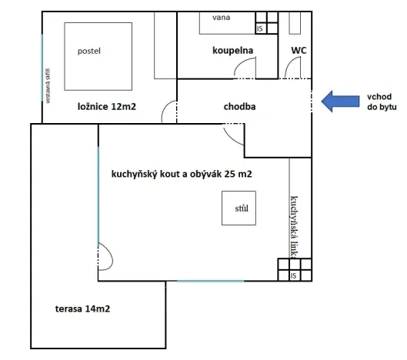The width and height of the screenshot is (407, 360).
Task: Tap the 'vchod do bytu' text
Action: tap(381, 103)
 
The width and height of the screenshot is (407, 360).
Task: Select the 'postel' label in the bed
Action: tap(89, 52)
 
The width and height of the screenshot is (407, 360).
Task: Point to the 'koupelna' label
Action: tap(233, 51)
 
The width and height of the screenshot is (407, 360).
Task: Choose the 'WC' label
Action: tap(299, 51)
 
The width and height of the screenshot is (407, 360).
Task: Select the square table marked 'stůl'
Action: tap(239, 208)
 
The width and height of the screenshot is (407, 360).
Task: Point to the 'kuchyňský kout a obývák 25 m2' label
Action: tap(182, 175)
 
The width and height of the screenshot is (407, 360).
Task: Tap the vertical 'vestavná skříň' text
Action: tap(48, 85)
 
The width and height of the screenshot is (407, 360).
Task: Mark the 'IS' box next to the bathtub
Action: tap(259, 28)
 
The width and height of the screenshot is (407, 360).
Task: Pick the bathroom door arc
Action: tap(244, 71)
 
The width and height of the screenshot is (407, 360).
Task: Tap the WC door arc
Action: tap(293, 71)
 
